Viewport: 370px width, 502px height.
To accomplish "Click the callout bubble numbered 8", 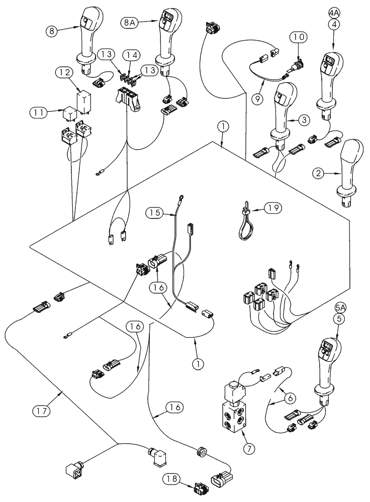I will pyautogui.click(x=51, y=31).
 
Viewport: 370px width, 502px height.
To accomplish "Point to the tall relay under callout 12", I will pyautogui.click(x=83, y=100).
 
